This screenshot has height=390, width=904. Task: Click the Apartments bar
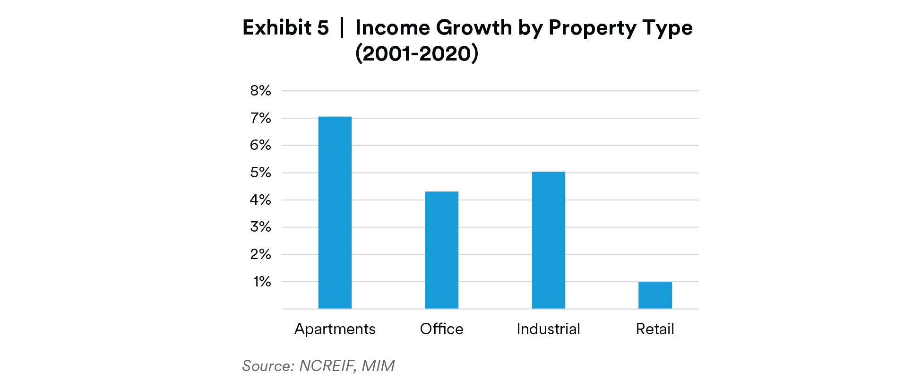335,213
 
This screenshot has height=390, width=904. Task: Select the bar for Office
441,250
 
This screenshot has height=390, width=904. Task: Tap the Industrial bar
548,240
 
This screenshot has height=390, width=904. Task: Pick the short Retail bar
655,295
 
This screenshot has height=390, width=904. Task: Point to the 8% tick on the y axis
260,91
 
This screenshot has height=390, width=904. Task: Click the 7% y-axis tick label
260,118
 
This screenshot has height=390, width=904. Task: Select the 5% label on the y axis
260,173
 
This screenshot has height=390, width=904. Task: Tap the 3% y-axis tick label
260,227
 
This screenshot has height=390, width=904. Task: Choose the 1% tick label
262,282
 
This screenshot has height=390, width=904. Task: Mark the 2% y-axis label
260,254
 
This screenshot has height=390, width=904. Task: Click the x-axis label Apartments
335,329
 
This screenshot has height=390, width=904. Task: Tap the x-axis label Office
441,329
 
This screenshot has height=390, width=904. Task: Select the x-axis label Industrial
548,329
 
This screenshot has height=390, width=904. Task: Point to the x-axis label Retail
655,329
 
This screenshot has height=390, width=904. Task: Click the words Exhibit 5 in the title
285,27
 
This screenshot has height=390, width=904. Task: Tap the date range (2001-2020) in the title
417,53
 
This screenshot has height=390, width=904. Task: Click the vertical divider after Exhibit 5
342,27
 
